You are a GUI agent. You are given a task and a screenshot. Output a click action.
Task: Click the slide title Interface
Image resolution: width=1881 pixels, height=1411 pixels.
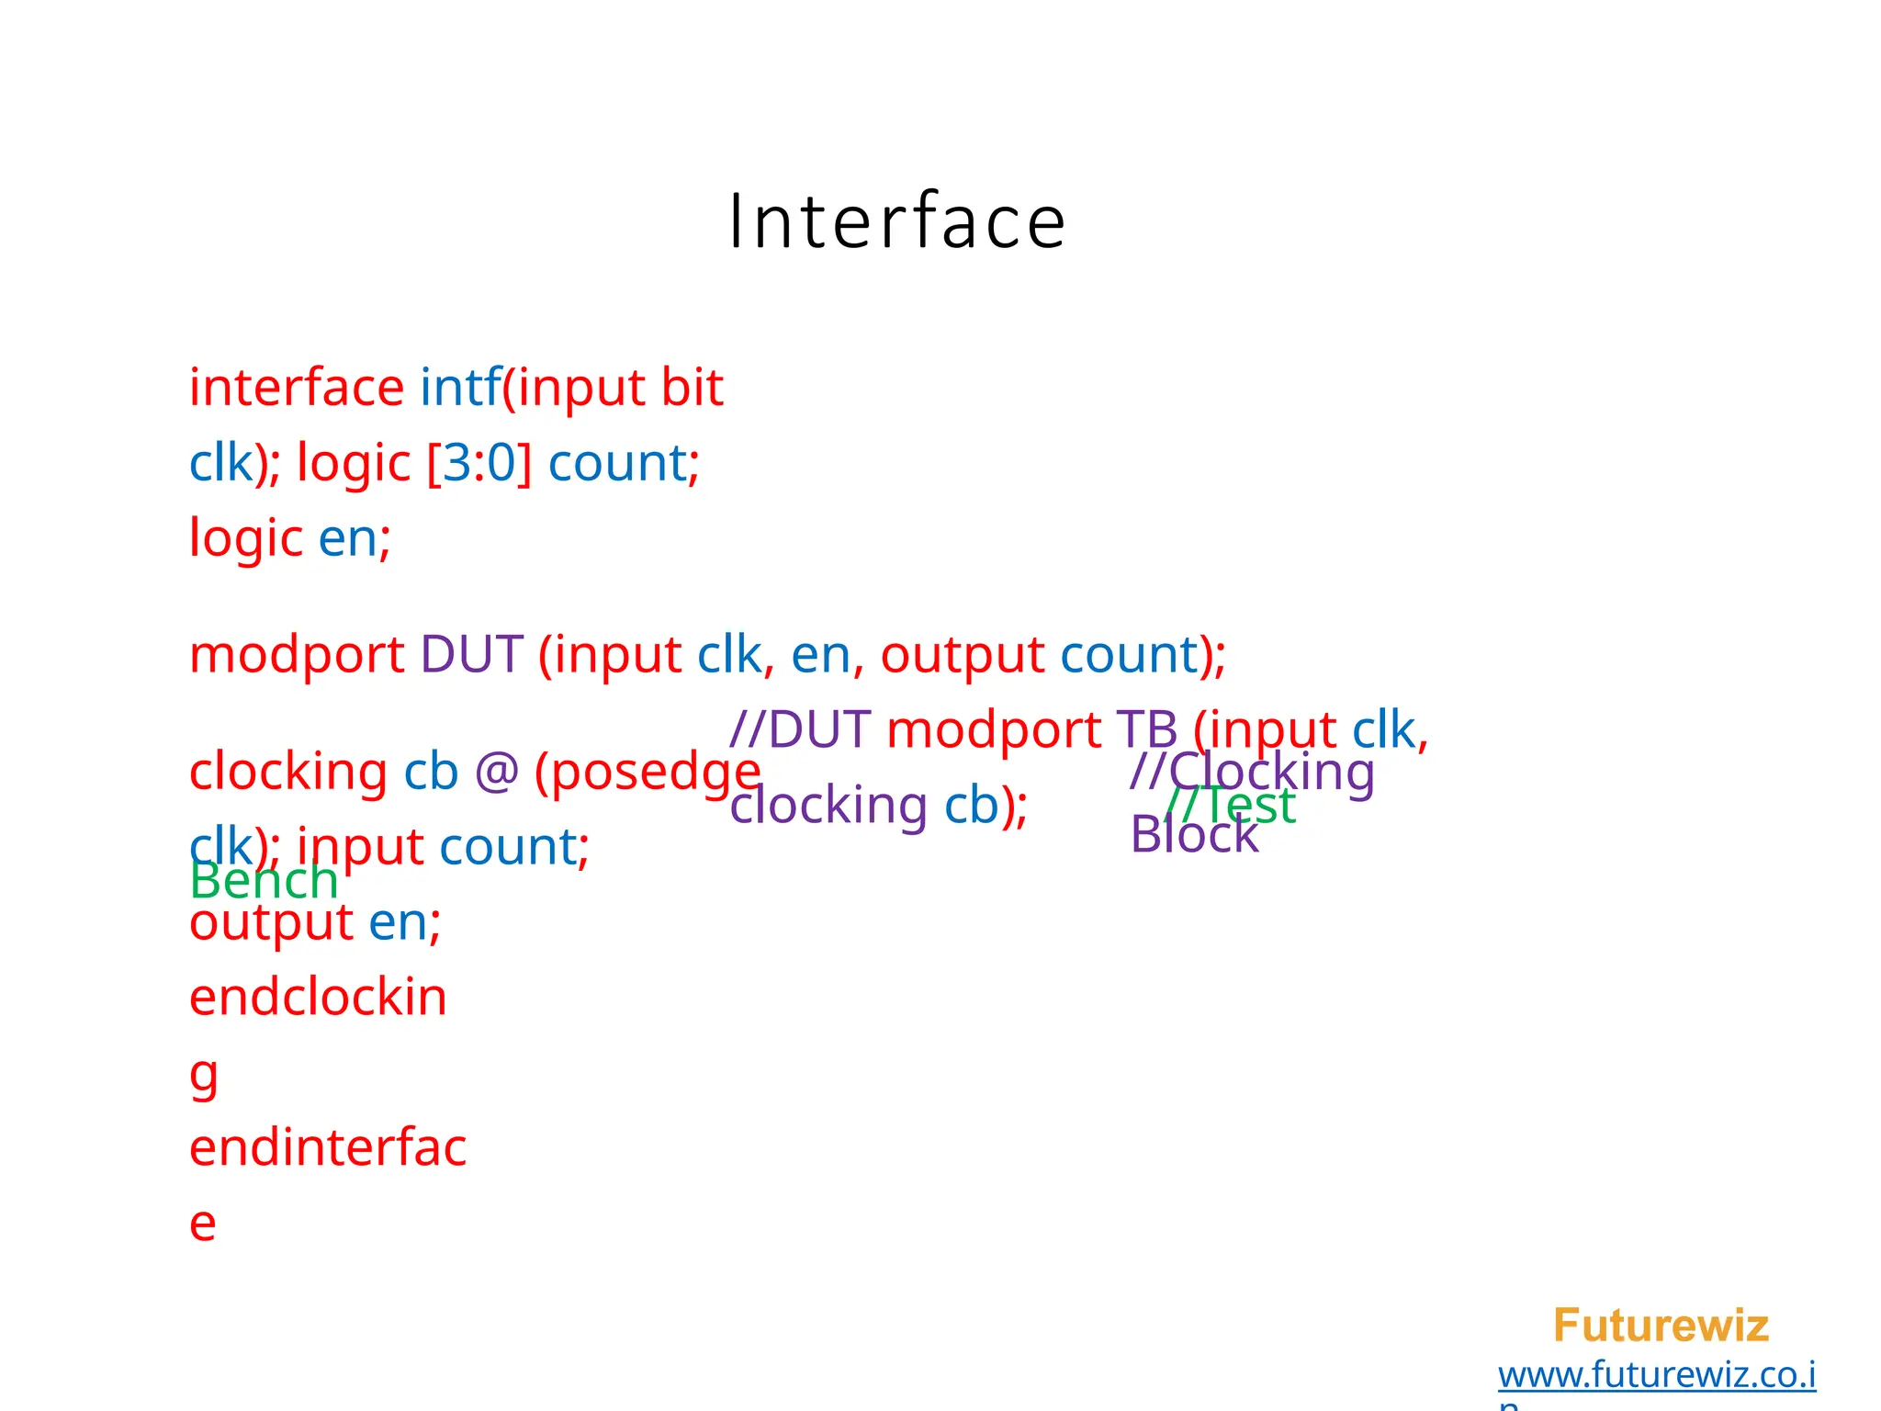896,222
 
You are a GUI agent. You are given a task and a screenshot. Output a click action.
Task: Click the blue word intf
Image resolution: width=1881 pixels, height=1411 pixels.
460,388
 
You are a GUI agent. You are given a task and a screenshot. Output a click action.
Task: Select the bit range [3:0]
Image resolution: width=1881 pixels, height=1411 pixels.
479,463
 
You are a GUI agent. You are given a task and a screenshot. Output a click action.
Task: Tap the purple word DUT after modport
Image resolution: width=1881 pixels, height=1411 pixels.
471,655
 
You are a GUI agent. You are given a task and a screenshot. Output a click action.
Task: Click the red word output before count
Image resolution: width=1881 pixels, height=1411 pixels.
962,656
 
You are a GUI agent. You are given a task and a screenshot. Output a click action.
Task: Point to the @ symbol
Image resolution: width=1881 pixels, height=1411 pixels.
496,772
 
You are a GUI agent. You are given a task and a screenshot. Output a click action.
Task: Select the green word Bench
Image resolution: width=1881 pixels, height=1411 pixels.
264,882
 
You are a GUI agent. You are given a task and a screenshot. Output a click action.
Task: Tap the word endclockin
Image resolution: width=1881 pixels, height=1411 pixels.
318,998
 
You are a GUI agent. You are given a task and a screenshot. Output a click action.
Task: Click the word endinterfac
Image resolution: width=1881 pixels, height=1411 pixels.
328,1148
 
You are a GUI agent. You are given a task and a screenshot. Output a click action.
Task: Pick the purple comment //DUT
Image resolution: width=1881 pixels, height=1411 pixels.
800,730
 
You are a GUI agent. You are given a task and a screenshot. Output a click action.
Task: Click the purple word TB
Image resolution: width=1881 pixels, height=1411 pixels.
1147,730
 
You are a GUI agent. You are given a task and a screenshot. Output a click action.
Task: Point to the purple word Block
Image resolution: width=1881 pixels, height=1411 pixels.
1194,835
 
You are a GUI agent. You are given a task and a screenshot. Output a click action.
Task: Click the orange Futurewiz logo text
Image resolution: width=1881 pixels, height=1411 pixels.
1661,1326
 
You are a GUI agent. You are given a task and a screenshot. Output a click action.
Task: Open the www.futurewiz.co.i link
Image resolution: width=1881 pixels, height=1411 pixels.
1656,1375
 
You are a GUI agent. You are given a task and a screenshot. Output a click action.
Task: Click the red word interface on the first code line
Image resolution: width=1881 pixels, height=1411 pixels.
296,388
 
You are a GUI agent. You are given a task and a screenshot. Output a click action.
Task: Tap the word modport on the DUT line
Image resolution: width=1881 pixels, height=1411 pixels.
297,656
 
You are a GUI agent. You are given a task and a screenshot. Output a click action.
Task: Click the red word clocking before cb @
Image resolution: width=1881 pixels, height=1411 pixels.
287,772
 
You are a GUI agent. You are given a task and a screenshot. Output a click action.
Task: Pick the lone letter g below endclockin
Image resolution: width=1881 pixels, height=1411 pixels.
204,1075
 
